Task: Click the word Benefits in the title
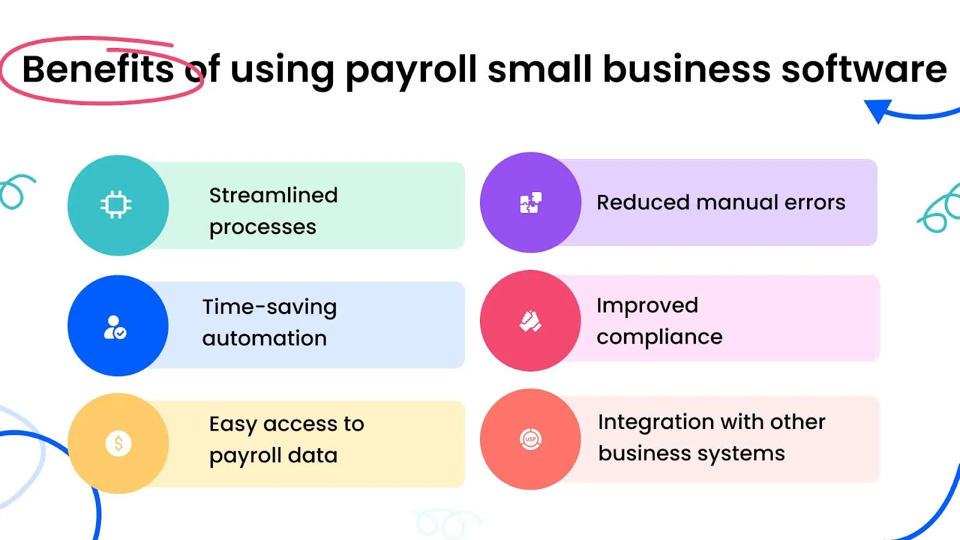(x=98, y=69)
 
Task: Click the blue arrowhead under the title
(x=878, y=110)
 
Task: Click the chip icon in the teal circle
(x=116, y=205)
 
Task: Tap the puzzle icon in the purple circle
(x=530, y=203)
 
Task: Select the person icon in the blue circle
(x=115, y=328)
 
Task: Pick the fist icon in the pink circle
(x=530, y=321)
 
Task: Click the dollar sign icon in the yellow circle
(x=118, y=443)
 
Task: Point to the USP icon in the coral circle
(x=530, y=439)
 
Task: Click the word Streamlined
(x=273, y=196)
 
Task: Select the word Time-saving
(x=269, y=307)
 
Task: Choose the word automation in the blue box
(x=265, y=338)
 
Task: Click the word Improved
(x=647, y=306)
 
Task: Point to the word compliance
(x=659, y=337)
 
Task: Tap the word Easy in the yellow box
(x=233, y=425)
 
